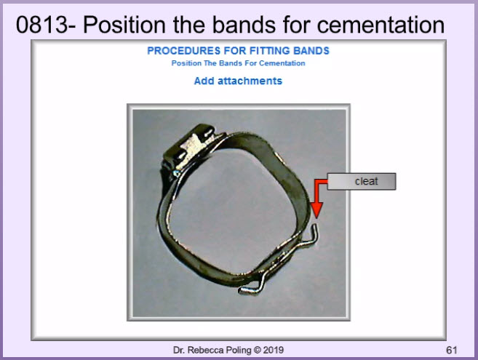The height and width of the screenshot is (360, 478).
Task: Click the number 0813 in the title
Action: click(x=42, y=25)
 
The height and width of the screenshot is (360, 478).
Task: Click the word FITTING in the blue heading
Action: click(x=269, y=51)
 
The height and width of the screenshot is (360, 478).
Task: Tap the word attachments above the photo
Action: click(x=250, y=81)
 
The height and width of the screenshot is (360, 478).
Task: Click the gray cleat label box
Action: click(x=362, y=181)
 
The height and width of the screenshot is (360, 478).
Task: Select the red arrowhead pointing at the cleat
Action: click(x=316, y=210)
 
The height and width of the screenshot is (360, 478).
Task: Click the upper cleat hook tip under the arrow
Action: click(x=315, y=226)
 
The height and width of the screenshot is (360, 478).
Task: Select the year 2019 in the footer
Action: click(x=274, y=350)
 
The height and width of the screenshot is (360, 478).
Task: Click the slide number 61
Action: click(x=452, y=350)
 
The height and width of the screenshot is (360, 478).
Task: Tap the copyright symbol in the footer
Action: click(x=258, y=350)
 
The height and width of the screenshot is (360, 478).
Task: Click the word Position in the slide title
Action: click(x=124, y=25)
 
